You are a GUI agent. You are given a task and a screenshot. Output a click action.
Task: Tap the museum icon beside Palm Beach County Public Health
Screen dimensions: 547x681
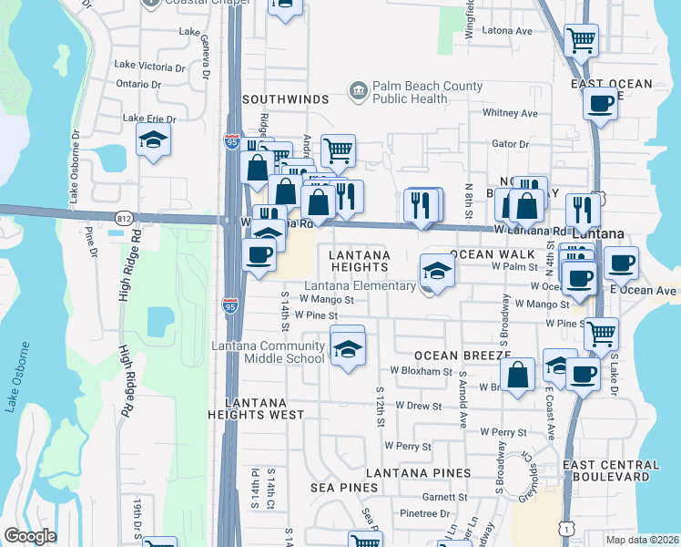point(358,89)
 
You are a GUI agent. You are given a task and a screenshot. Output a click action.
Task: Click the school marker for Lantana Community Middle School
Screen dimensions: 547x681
point(347,349)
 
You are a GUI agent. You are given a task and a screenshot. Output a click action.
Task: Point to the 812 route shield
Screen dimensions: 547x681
point(125,217)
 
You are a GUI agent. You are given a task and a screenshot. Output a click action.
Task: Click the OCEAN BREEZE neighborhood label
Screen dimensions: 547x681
point(462,355)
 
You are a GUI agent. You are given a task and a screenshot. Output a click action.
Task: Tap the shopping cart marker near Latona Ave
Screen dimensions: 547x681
point(580,40)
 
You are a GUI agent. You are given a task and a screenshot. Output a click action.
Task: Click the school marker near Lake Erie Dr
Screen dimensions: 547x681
point(153,140)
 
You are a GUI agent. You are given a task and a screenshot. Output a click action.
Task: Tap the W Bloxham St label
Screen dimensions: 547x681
point(422,371)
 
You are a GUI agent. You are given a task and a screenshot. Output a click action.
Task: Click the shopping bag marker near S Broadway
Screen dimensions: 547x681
point(517,375)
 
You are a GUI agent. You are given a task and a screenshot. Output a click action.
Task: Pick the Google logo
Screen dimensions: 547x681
point(30,536)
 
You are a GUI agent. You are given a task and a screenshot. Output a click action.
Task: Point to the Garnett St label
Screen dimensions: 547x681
point(444,497)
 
